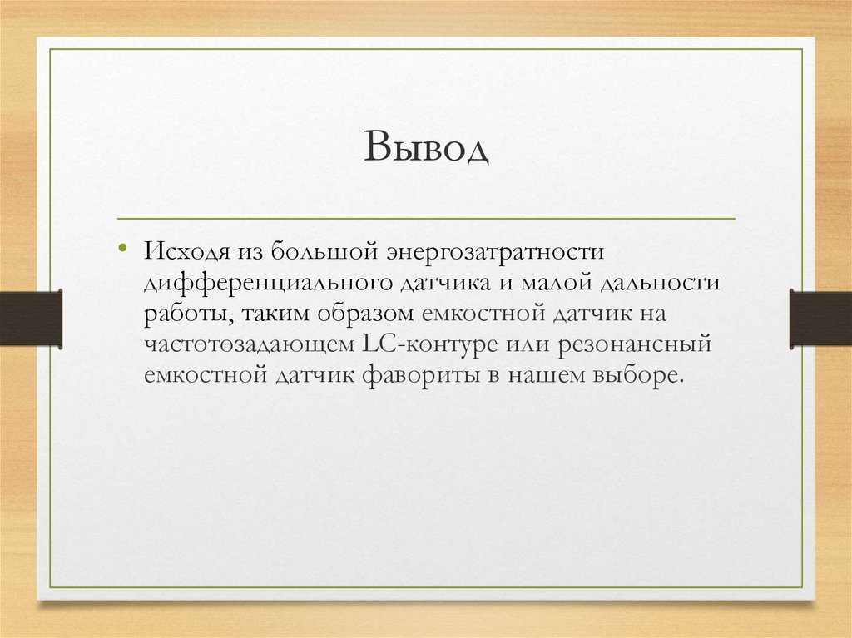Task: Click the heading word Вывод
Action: (425, 151)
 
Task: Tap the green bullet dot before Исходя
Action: (122, 249)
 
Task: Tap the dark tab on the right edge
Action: (820, 318)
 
